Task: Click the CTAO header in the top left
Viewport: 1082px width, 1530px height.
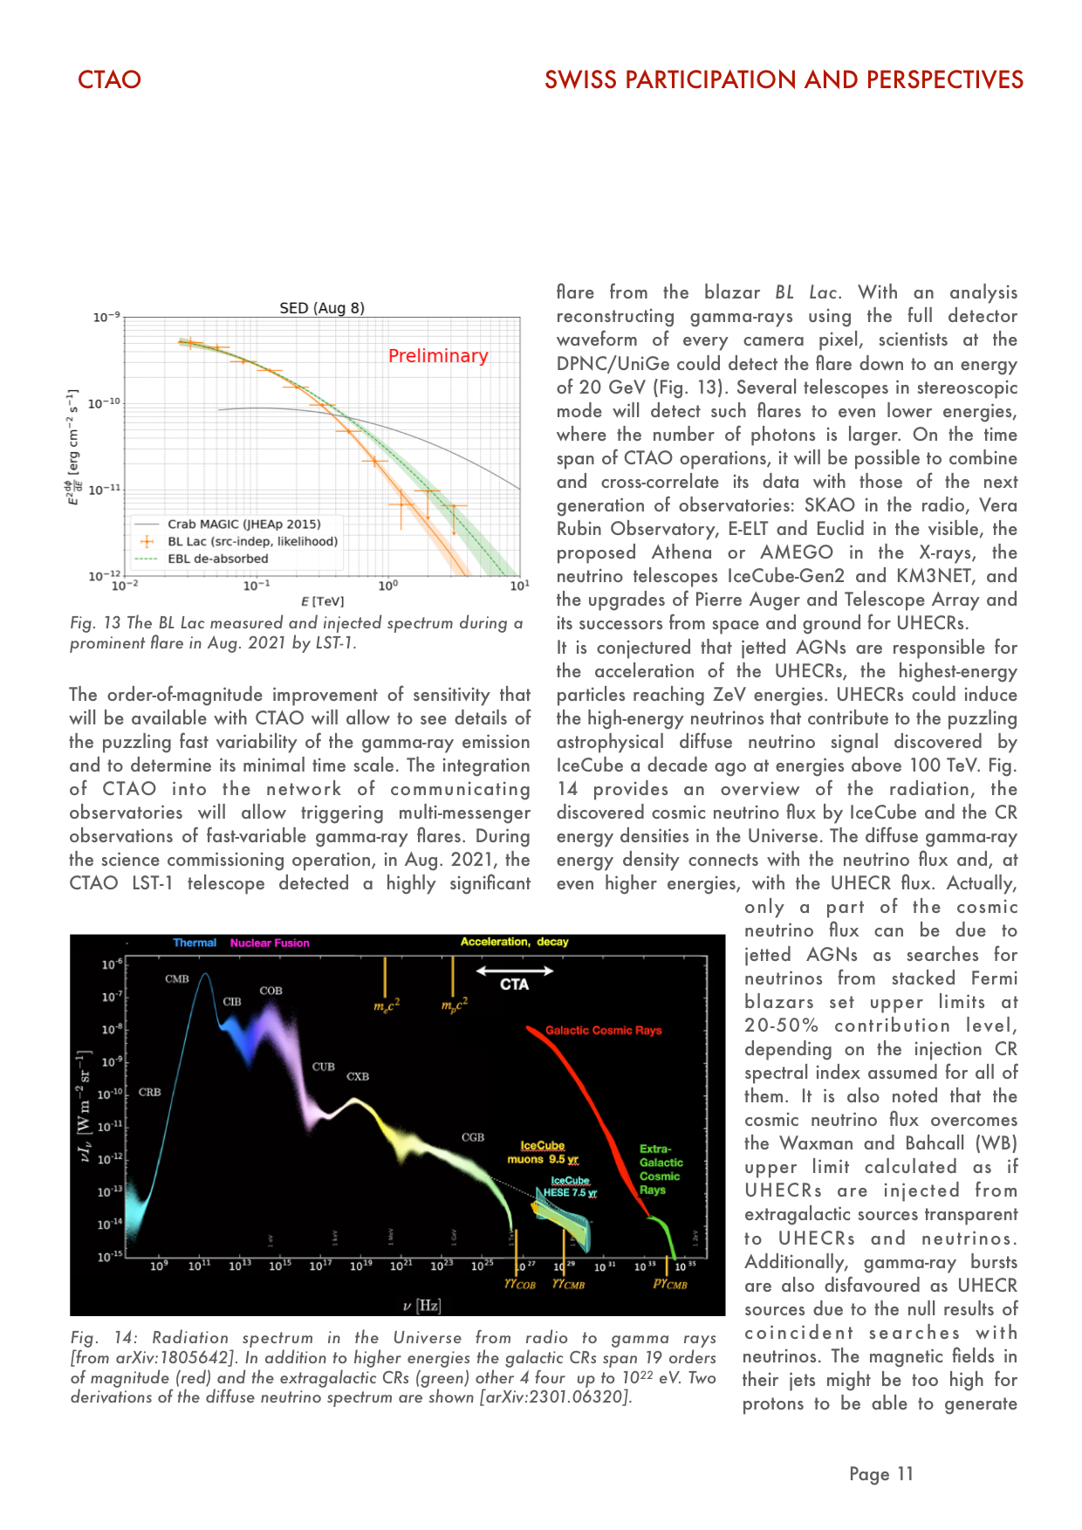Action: pos(109,79)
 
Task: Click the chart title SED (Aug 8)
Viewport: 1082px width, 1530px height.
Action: pos(322,308)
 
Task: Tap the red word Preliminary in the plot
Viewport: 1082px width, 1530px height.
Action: pos(438,356)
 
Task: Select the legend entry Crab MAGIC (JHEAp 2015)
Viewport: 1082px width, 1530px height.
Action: pos(243,525)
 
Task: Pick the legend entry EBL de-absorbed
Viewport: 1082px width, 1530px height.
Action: pos(217,559)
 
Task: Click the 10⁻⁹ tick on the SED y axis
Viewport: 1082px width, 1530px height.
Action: pos(106,318)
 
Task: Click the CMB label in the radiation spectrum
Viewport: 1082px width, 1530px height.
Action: pos(177,979)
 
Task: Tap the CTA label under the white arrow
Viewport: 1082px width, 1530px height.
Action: pos(514,985)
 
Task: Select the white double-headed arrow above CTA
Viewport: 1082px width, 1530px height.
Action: pos(515,971)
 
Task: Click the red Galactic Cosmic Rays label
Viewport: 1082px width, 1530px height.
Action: pos(603,1031)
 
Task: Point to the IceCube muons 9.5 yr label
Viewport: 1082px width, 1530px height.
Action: pos(543,1152)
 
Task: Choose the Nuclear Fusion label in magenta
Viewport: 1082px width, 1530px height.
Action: pos(270,943)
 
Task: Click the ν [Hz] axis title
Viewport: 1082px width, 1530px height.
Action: pos(421,1306)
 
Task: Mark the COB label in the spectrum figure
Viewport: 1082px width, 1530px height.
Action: pos(270,991)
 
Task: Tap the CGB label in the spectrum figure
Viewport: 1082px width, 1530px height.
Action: pos(473,1137)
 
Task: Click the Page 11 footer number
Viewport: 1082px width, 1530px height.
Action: pos(880,1474)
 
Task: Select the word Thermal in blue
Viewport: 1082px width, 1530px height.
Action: pos(195,943)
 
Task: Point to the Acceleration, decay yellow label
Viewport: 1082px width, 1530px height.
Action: pos(514,942)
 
